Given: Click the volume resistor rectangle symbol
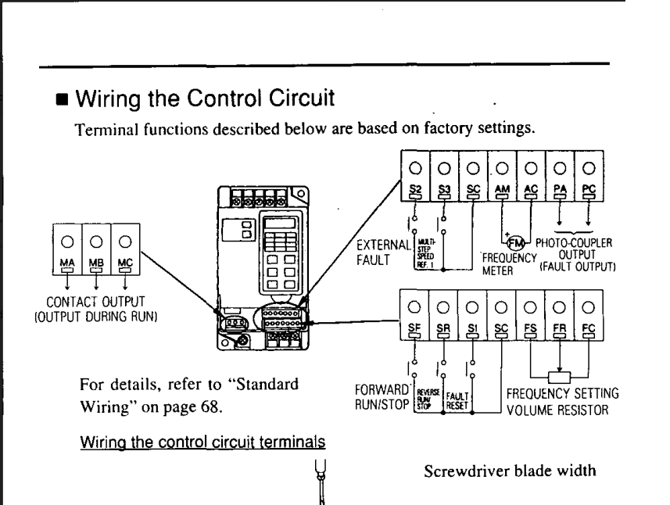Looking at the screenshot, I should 560,378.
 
